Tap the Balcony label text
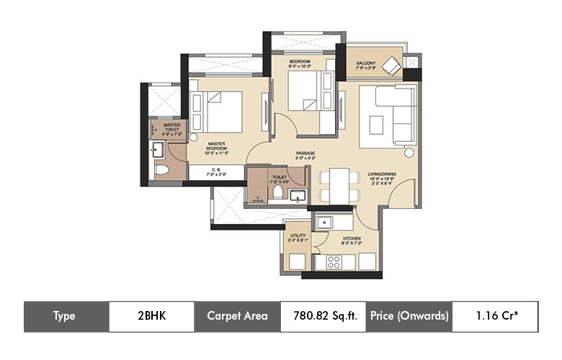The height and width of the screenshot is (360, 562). pyautogui.click(x=365, y=64)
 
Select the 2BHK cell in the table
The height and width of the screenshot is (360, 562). pyautogui.click(x=151, y=316)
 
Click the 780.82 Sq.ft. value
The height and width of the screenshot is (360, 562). pyautogui.click(x=323, y=316)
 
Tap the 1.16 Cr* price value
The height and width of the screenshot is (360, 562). pyautogui.click(x=494, y=316)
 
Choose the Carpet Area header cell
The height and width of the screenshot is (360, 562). pyautogui.click(x=237, y=316)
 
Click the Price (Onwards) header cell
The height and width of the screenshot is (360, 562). pyautogui.click(x=409, y=316)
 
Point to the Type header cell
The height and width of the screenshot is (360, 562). pyautogui.click(x=66, y=316)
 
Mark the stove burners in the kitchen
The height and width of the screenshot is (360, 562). pyautogui.click(x=334, y=262)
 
